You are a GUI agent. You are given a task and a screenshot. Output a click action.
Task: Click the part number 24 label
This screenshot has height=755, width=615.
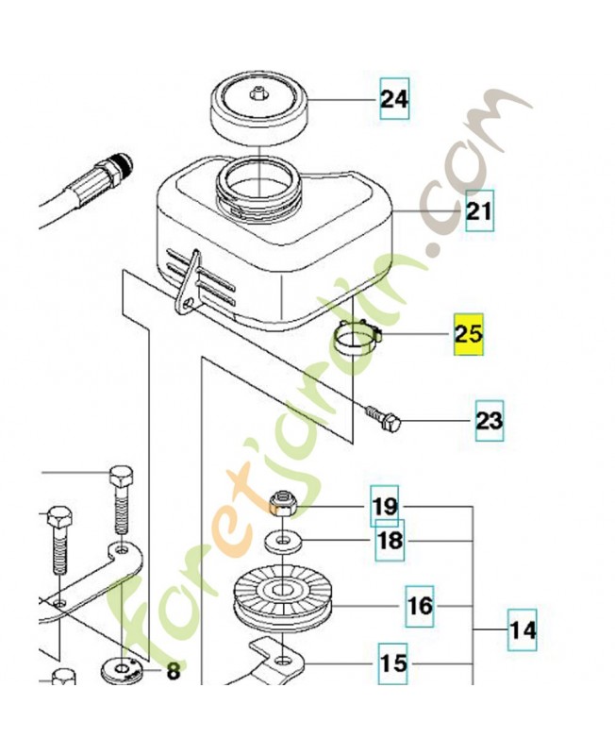pos(394,99)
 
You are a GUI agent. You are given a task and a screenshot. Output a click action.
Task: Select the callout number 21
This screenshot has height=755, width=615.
pos(479,211)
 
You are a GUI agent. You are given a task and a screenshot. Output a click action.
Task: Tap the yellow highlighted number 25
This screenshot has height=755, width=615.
pos(469,334)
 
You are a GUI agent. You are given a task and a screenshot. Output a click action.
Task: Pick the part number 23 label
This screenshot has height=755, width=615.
pos(490,421)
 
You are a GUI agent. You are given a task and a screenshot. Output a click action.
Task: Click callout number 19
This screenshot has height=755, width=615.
pos(385,506)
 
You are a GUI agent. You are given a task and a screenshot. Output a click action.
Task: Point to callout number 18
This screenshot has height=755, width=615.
pos(390,540)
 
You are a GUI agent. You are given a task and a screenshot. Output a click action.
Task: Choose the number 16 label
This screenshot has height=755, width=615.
pos(420,606)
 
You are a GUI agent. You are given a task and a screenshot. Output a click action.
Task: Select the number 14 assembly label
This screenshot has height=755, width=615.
pos(523,629)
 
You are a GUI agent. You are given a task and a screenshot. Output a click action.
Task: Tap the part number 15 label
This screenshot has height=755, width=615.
pos(392,663)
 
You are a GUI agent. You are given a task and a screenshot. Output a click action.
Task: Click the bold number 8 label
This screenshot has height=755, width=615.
pos(174,671)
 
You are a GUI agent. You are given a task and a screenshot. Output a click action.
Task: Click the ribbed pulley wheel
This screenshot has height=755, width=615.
pos(282,599)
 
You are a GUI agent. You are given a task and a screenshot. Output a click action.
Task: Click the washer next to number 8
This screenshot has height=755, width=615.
pos(121,670)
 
